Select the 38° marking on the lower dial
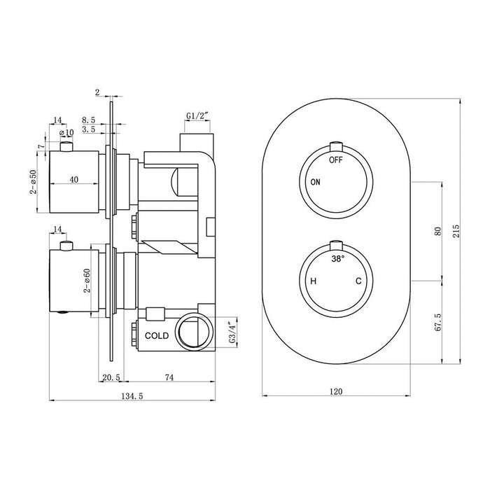tap(338, 258)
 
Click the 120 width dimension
tap(337, 391)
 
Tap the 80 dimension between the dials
tap(437, 231)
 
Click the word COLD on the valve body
tap(157, 336)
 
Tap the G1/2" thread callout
tap(198, 115)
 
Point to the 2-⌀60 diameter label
tap(87, 278)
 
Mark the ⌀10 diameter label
tap(68, 133)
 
